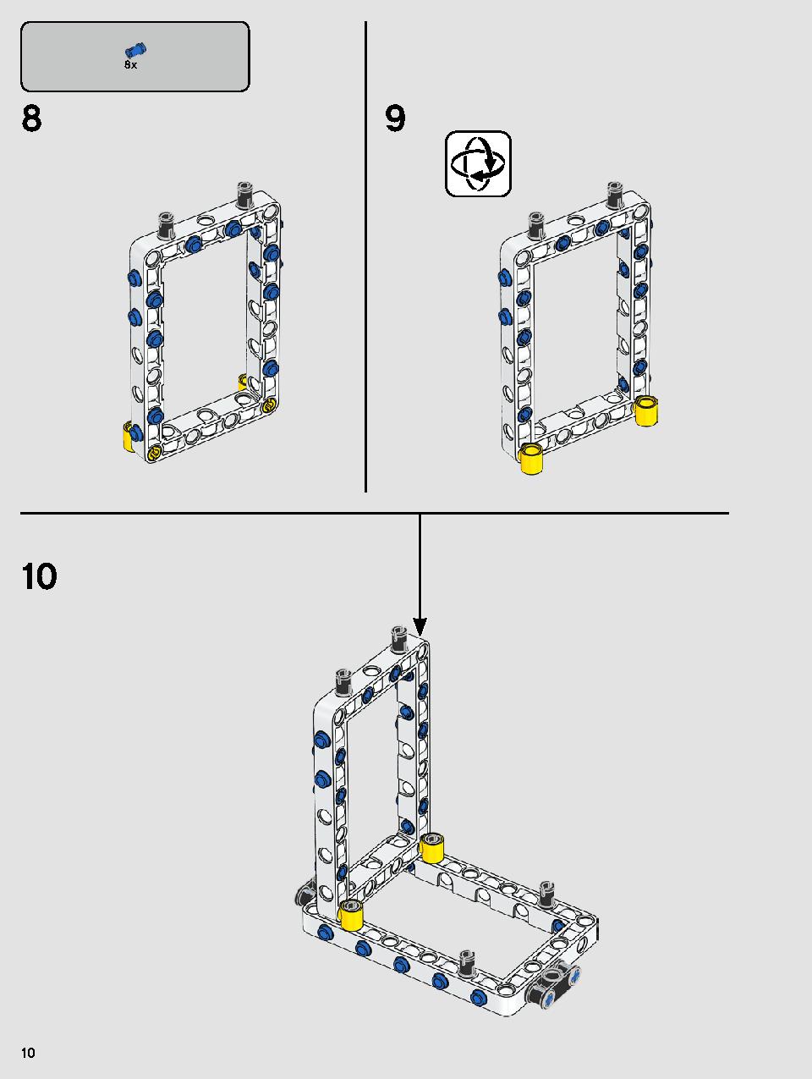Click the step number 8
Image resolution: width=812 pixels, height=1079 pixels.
32,119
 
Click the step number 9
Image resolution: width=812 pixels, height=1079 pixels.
395,119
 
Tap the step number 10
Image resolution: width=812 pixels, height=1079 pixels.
39,576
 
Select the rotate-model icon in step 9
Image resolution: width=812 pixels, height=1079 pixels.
478,163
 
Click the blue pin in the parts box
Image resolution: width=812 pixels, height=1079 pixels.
135,50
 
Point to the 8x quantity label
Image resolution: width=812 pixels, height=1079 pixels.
130,65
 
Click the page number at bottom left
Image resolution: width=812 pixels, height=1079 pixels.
28,1053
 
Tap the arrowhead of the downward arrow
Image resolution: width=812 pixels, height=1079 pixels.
420,627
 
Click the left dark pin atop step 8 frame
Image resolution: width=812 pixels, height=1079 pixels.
165,224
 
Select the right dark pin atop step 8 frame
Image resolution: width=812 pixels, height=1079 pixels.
244,194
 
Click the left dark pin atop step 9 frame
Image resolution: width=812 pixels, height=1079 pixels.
535,224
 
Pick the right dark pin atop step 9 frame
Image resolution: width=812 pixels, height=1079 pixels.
614,194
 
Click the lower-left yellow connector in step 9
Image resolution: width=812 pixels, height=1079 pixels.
530,458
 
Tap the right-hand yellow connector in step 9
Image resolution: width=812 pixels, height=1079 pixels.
646,410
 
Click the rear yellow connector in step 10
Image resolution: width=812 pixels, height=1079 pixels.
432,848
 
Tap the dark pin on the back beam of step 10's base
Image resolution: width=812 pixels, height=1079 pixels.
546,894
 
